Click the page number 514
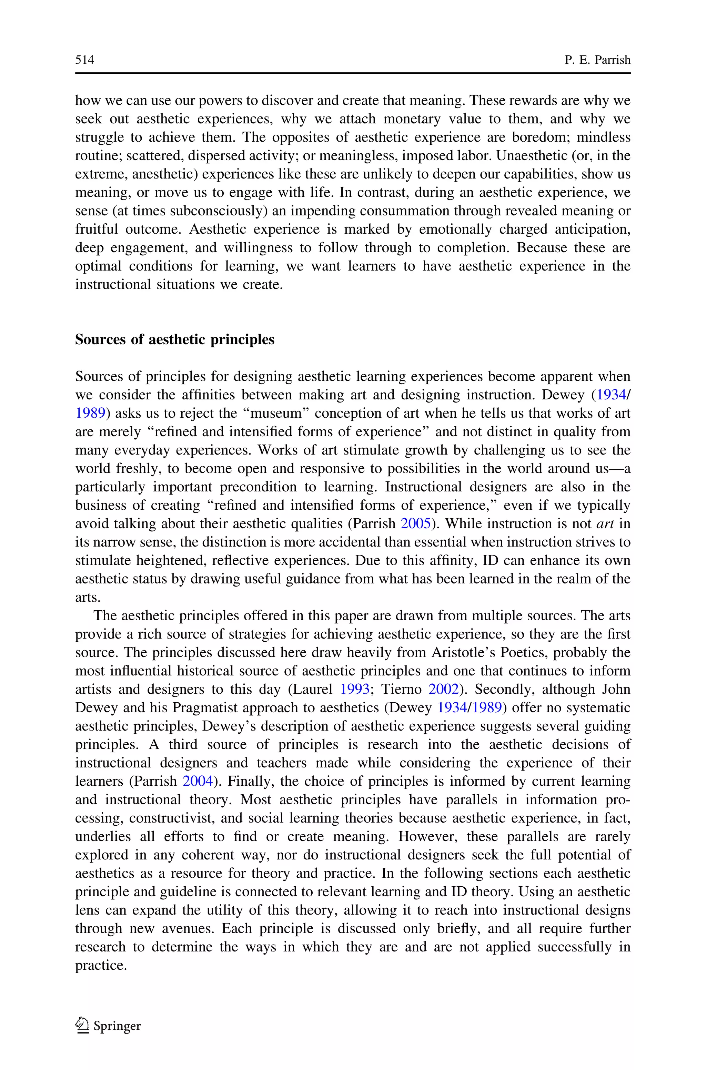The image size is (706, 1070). click(85, 60)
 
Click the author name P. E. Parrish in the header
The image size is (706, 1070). click(597, 60)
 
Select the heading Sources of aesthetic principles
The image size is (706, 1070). click(175, 339)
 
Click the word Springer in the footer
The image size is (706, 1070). click(117, 1026)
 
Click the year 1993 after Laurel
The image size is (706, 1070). click(354, 689)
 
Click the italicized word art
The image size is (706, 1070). click(605, 524)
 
